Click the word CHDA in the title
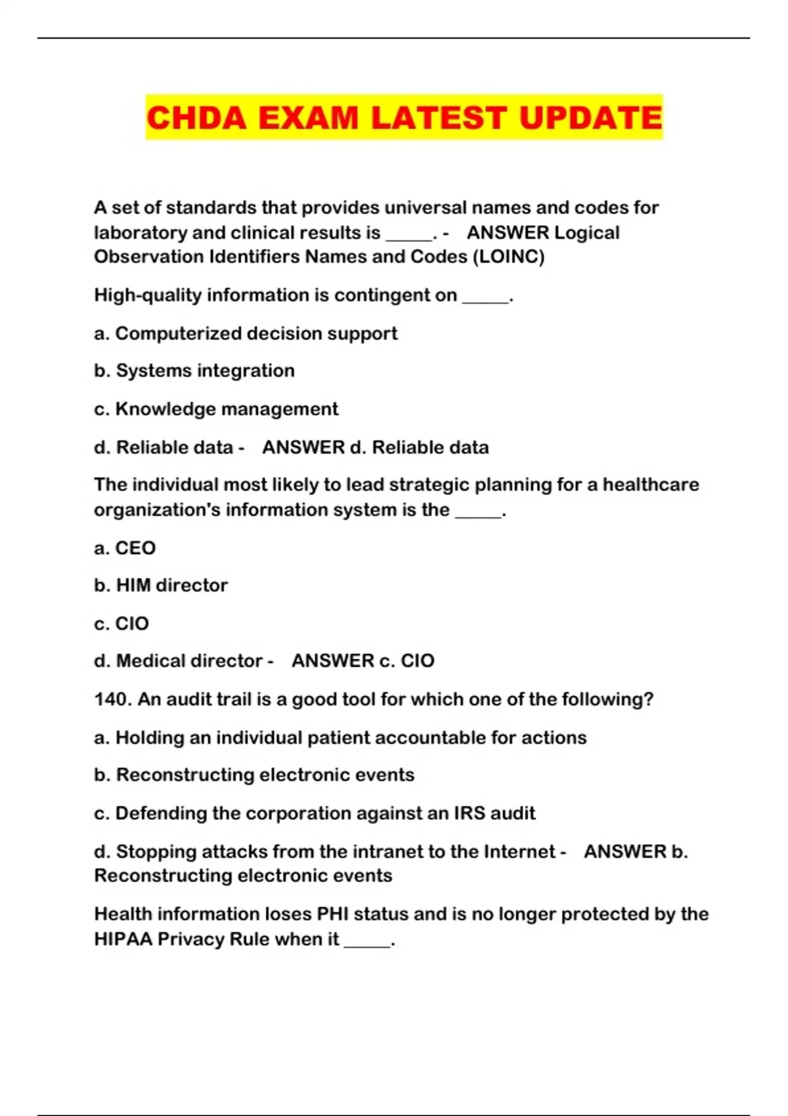pos(196,118)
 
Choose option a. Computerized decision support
pos(246,333)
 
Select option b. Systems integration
pos(194,371)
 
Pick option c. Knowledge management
pos(216,409)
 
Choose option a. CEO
pos(125,548)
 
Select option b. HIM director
pos(161,586)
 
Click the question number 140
pos(112,700)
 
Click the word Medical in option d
pos(152,661)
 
